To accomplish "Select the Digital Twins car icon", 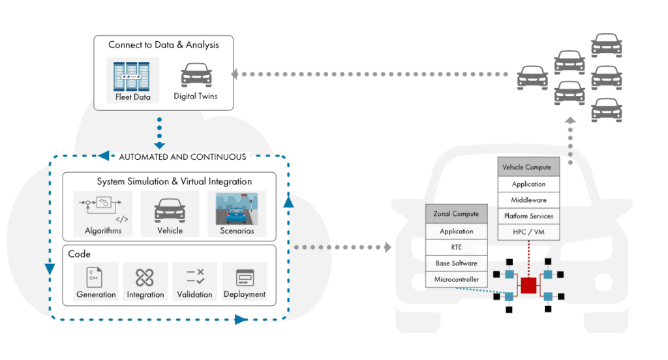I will (x=195, y=75).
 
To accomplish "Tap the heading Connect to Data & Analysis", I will (x=164, y=45).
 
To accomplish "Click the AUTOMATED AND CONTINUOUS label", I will (x=182, y=157).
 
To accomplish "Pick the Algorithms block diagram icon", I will (x=103, y=207).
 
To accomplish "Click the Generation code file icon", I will (x=96, y=277).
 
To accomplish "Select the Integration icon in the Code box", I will (x=145, y=277).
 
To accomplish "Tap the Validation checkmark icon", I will (x=194, y=277).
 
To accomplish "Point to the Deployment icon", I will (x=244, y=277).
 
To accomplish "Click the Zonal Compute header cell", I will (x=456, y=214).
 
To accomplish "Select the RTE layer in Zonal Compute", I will (x=456, y=247).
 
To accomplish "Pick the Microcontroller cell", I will (x=456, y=279).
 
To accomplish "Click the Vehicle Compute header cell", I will (x=528, y=167).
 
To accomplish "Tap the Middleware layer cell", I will (x=528, y=200).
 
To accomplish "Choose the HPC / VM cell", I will (x=528, y=232).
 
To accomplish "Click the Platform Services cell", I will (x=528, y=216).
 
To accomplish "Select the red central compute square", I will (x=528, y=285).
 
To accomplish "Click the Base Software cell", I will (x=456, y=263).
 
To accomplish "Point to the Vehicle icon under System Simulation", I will (x=170, y=211).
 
